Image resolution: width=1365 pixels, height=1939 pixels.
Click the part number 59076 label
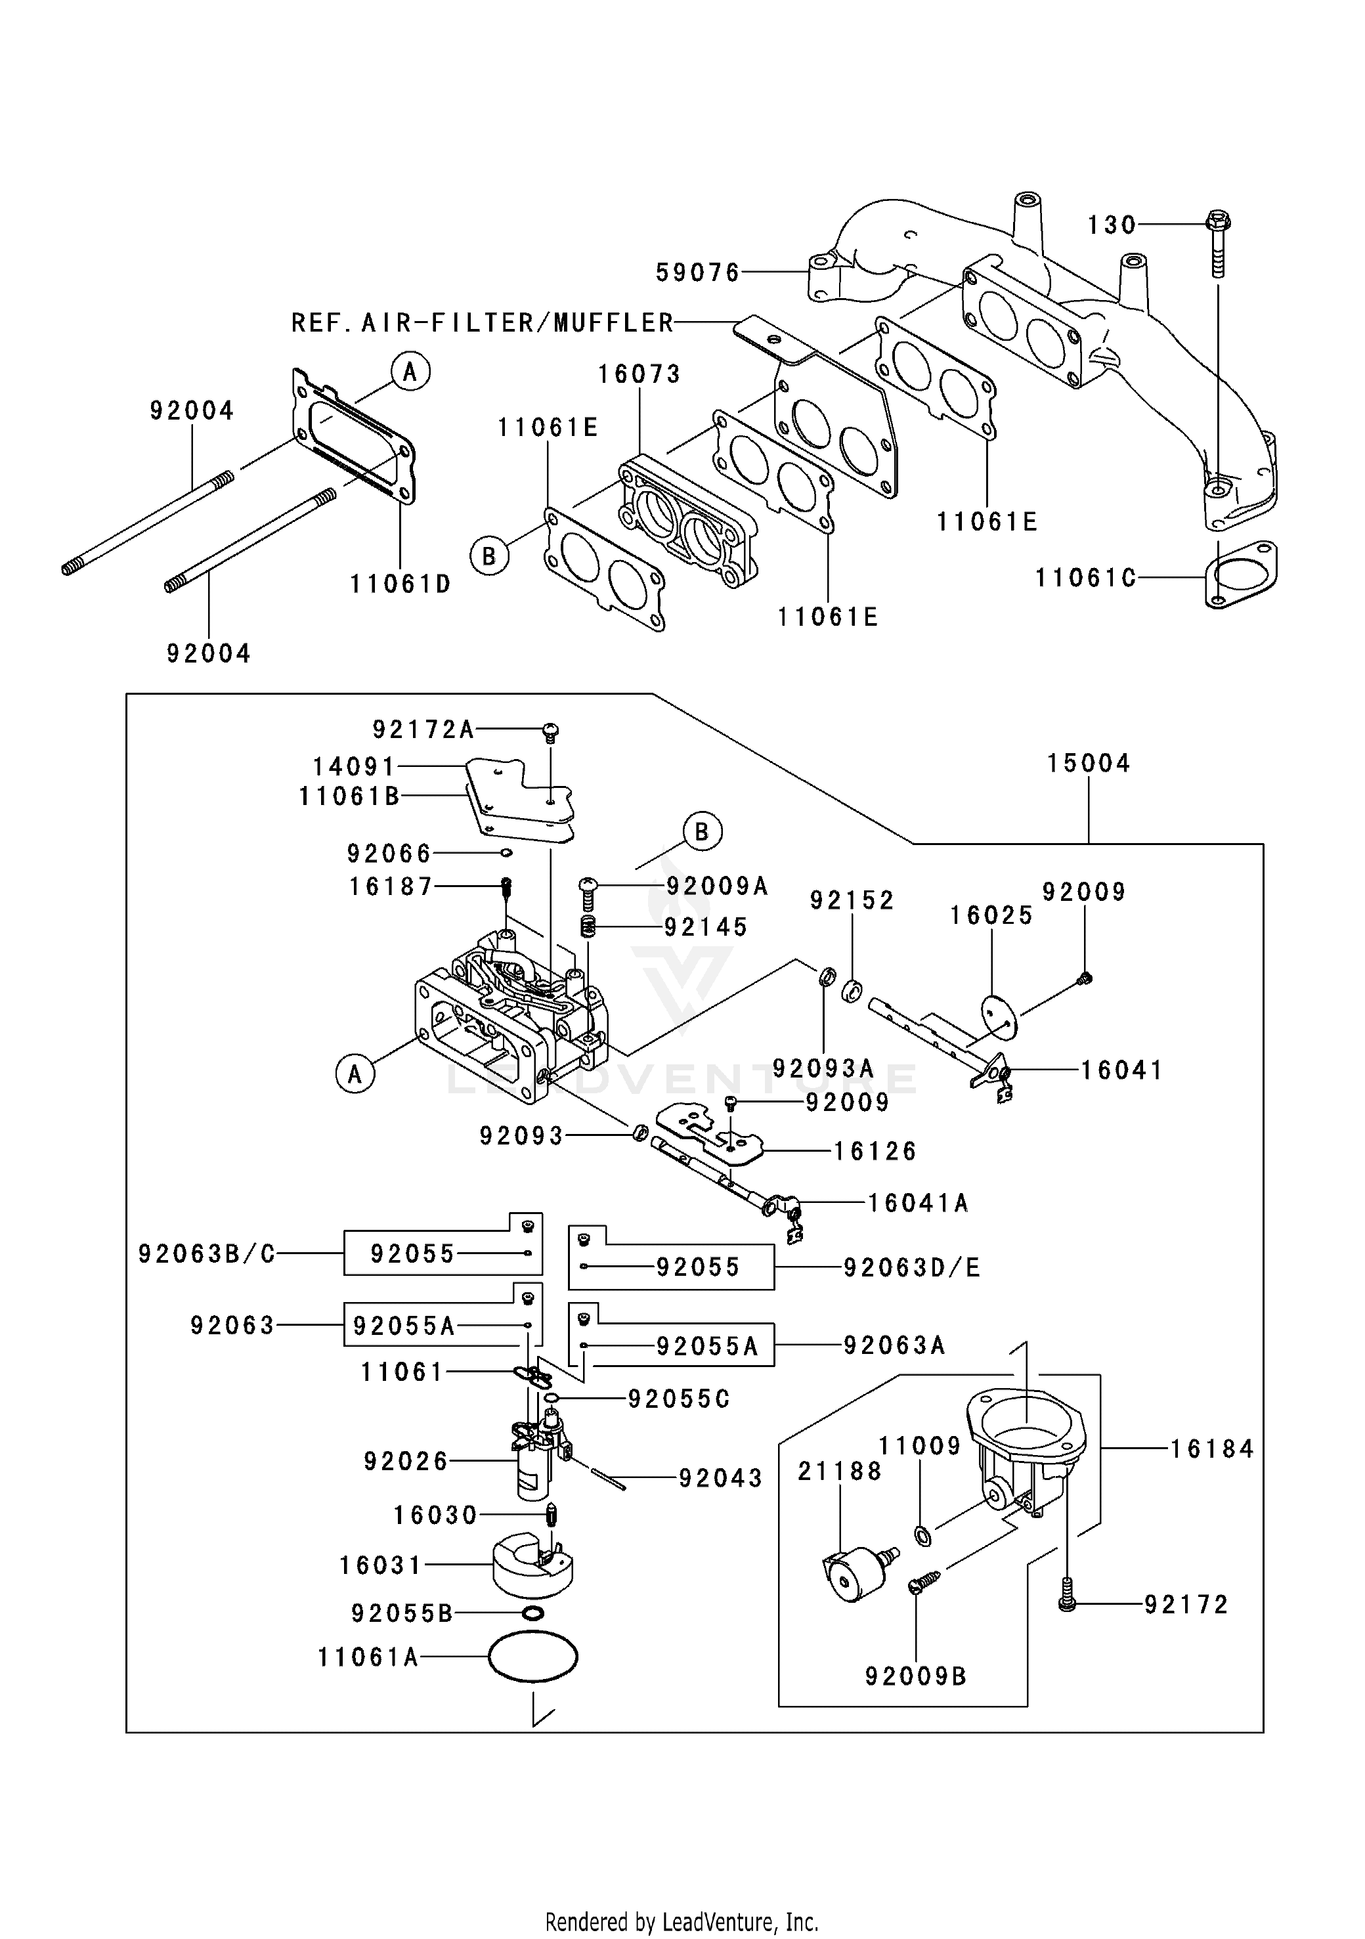point(697,272)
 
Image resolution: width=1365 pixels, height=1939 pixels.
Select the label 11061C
point(1085,578)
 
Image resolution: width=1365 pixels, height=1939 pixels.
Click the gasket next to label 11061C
point(1241,575)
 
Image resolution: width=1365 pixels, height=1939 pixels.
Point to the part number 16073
point(639,374)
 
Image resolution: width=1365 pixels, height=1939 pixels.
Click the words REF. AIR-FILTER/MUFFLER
point(483,322)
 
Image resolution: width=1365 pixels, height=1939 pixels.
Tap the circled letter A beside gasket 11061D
point(410,372)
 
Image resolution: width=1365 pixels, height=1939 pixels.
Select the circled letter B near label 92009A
point(701,832)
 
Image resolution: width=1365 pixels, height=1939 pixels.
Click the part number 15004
point(1088,764)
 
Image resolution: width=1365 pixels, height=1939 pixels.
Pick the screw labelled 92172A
point(551,731)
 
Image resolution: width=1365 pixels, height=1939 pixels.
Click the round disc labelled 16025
point(1000,1018)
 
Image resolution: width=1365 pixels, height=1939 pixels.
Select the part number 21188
point(840,1471)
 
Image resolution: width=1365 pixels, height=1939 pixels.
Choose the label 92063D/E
point(911,1268)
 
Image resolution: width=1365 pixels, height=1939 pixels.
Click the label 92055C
point(678,1399)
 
